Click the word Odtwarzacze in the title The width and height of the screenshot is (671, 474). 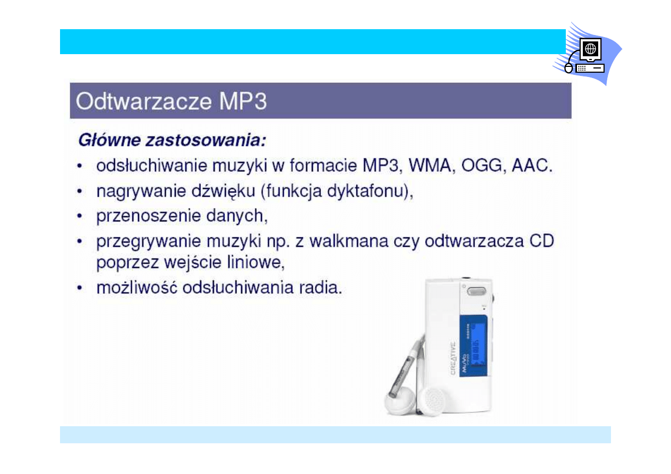pos(144,101)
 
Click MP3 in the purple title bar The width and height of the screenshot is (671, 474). pos(243,101)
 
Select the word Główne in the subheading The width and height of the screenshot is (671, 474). pos(109,140)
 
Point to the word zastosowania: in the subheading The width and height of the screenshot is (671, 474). pos(206,140)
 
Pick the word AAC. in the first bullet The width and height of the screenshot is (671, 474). pos(532,165)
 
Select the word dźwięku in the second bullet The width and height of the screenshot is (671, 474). pos(223,191)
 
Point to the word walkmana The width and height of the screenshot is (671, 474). pos(349,241)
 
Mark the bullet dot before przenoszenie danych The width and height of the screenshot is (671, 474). pos(79,216)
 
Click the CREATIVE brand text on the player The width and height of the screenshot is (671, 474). pos(453,358)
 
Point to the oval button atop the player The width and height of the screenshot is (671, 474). pos(477,291)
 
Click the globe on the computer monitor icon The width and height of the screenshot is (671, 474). pos(590,48)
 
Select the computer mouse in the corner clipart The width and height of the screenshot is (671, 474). pos(568,68)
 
